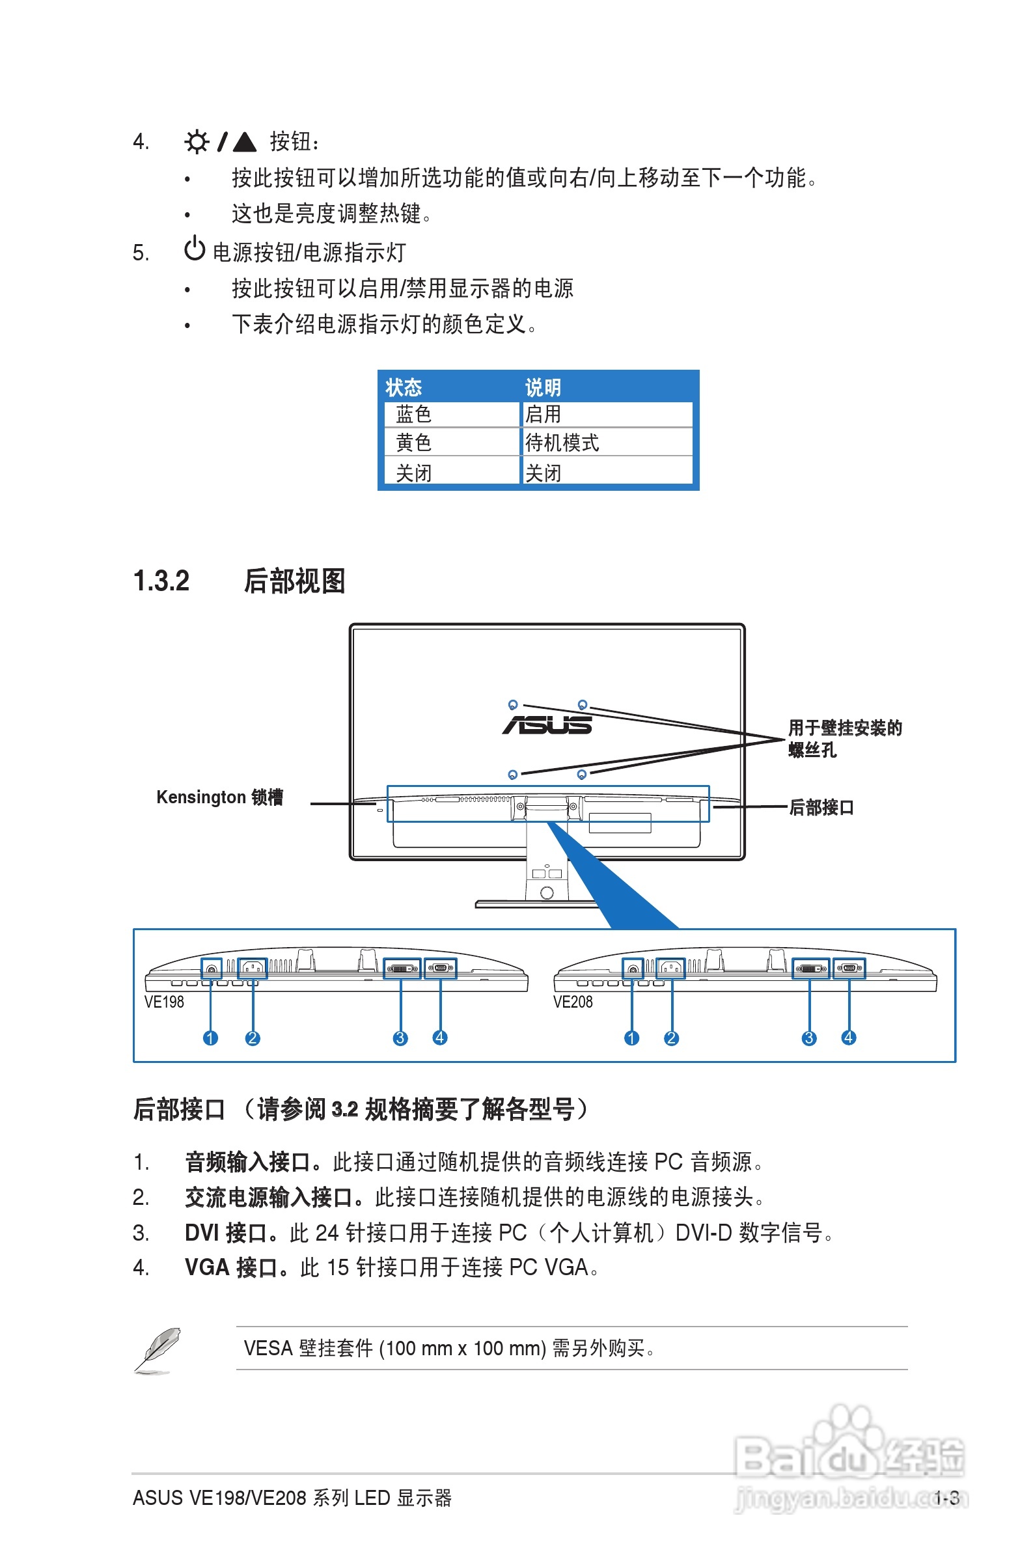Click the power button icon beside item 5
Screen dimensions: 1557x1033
click(195, 249)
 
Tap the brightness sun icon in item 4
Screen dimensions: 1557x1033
click(197, 142)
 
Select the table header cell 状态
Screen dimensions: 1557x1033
click(403, 387)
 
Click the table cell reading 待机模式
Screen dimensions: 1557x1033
click(562, 443)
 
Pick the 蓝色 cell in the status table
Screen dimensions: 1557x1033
click(414, 414)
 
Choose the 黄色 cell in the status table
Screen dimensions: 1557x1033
click(414, 443)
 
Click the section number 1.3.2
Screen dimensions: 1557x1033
click(161, 581)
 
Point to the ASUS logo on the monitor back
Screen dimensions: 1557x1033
click(547, 725)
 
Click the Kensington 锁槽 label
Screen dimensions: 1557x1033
click(219, 797)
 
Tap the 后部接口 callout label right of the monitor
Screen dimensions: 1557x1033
click(821, 807)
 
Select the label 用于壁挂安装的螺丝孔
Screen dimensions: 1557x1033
click(845, 738)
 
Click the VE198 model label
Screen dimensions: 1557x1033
click(164, 1002)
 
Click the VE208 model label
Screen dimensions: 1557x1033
click(573, 1002)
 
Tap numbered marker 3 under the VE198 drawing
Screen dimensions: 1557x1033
click(400, 1038)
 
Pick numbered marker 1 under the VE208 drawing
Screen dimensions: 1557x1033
click(631, 1038)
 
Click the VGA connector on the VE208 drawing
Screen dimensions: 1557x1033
click(849, 968)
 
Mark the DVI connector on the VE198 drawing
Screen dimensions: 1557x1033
click(402, 968)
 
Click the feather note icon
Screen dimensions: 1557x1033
click(159, 1349)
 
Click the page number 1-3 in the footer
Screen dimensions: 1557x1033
click(946, 1498)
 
